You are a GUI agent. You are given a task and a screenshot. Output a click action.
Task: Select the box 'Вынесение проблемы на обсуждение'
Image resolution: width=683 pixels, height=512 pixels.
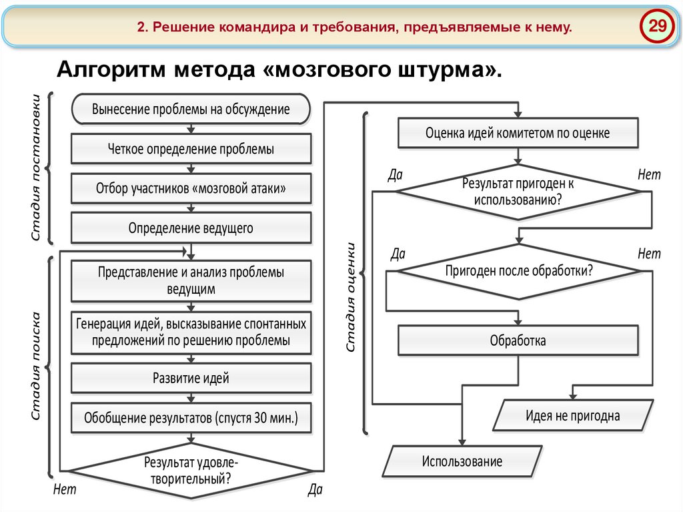tap(191, 110)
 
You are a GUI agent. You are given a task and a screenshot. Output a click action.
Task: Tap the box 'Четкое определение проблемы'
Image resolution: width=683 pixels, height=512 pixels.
tap(191, 149)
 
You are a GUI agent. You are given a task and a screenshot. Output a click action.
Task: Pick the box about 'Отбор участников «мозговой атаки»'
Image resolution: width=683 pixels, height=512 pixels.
tap(191, 188)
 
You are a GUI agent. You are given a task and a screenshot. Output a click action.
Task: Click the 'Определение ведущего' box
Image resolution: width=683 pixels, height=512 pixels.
tap(191, 228)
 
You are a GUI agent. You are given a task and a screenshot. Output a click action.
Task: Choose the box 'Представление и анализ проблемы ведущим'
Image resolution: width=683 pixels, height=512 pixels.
tap(191, 280)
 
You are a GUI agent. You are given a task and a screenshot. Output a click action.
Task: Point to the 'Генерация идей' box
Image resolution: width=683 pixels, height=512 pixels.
tap(191, 332)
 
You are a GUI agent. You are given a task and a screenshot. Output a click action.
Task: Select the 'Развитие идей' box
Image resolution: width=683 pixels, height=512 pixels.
tap(191, 378)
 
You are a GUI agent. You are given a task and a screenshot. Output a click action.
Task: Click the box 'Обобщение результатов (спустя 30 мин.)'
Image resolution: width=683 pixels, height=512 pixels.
tap(191, 418)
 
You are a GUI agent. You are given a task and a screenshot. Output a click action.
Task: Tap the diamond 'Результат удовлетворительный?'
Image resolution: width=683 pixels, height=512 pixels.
tap(191, 469)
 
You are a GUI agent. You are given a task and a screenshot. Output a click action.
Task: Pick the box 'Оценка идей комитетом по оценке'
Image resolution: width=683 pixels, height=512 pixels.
tap(518, 133)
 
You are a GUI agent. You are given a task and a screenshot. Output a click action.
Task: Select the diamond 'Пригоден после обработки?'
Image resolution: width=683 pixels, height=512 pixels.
tap(518, 272)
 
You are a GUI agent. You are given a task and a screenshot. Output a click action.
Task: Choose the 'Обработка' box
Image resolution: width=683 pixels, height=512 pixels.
tap(518, 340)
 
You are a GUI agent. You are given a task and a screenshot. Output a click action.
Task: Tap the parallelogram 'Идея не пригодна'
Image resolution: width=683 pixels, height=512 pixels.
tap(572, 416)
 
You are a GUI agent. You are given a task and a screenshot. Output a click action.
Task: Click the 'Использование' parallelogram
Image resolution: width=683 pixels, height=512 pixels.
tap(462, 461)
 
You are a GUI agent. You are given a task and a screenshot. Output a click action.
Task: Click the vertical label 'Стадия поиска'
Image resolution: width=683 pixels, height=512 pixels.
tap(37, 366)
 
